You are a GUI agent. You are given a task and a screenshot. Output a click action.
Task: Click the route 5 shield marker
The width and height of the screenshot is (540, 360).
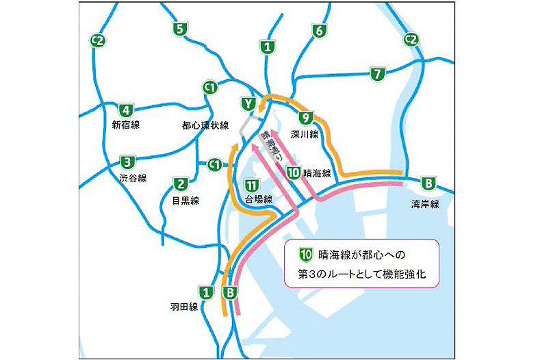(180, 29)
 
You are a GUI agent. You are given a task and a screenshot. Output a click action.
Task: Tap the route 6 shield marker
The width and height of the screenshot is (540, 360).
(318, 31)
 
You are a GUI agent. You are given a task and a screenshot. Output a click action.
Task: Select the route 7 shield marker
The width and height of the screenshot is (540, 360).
(376, 74)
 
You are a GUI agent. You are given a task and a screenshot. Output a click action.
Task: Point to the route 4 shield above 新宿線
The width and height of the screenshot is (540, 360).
(125, 110)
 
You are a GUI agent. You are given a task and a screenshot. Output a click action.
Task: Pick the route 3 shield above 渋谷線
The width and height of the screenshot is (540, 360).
(127, 163)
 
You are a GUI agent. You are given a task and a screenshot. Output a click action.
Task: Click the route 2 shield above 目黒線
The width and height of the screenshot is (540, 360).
(181, 183)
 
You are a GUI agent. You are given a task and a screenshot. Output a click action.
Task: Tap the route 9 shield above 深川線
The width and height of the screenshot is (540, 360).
(306, 117)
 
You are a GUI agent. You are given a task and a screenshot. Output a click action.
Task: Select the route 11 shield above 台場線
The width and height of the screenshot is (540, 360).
(252, 184)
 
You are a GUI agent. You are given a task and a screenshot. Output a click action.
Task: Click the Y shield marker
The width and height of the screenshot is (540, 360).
(247, 104)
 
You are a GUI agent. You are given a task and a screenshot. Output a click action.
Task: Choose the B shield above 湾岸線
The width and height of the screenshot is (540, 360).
(428, 183)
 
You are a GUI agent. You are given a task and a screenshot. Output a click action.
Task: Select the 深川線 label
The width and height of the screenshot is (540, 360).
(305, 134)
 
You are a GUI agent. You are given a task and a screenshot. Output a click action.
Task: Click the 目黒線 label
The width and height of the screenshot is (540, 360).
(185, 200)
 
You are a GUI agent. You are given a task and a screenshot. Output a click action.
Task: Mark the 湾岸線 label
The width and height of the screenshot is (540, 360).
(425, 204)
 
